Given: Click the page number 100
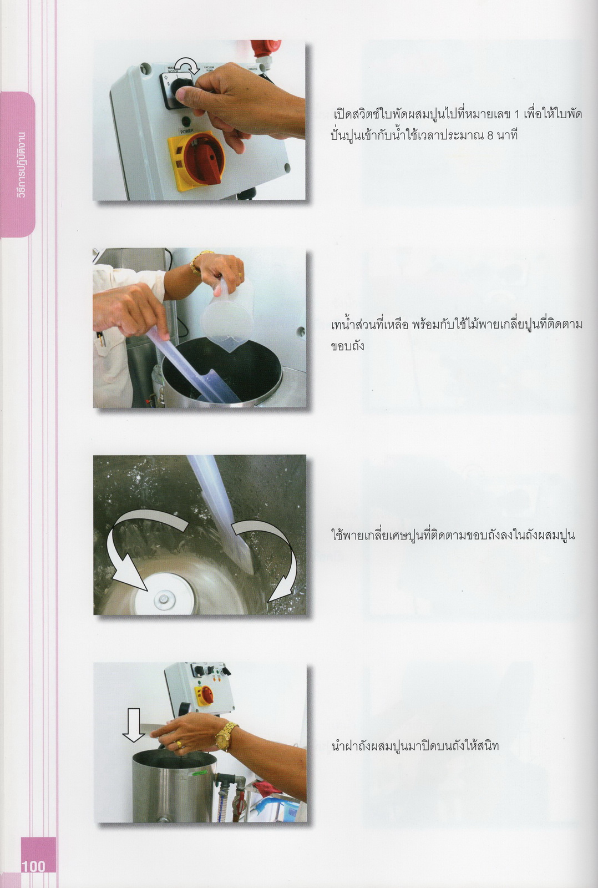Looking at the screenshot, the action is pyautogui.click(x=34, y=866).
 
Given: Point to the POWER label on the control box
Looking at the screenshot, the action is pyautogui.click(x=186, y=131).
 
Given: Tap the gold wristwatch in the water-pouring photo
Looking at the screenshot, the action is pyautogui.click(x=197, y=262).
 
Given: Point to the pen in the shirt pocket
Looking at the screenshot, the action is pyautogui.click(x=102, y=339).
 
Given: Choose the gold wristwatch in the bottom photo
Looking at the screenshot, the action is pyautogui.click(x=225, y=736).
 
